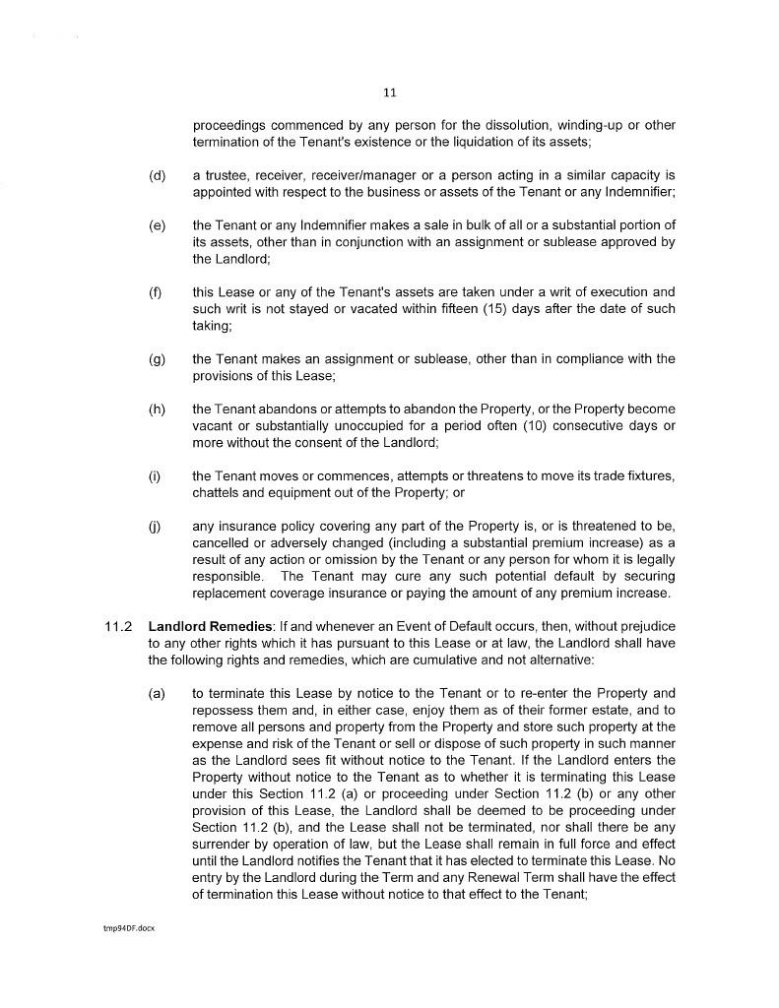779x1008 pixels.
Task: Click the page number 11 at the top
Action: pos(389,93)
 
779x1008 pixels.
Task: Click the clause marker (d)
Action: pos(157,175)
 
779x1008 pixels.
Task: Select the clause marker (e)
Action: pos(157,225)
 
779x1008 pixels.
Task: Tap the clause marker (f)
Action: pos(156,292)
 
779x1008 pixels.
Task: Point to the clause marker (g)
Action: pos(157,358)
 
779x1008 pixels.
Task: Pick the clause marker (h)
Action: pos(157,409)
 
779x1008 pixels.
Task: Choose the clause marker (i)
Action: pos(155,475)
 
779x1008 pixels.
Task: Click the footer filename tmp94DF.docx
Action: pos(122,928)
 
